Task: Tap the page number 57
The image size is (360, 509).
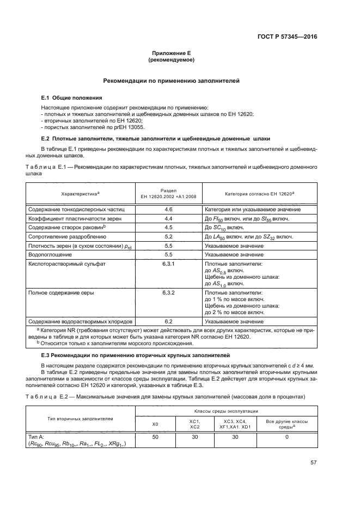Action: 314,463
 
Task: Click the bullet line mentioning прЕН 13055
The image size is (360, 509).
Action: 84,127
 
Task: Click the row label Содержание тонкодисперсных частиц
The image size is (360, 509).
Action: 76,209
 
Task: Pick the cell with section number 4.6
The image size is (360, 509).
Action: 168,209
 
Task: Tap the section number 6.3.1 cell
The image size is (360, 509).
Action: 168,263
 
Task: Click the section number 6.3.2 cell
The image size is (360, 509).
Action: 168,293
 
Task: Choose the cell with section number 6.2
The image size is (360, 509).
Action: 168,321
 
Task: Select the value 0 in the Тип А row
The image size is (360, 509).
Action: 286,437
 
